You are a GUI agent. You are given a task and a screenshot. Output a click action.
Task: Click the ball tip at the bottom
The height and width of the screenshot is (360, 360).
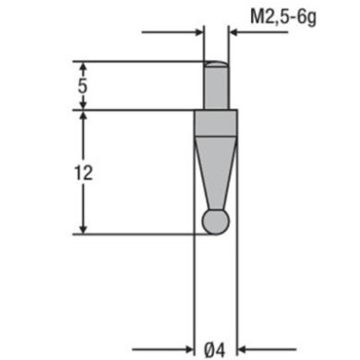pyautogui.click(x=216, y=221)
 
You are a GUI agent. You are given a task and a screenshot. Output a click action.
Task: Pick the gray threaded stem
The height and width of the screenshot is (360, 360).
pyautogui.click(x=216, y=87)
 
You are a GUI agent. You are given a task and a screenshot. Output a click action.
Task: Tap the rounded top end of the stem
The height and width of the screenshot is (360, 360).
pyautogui.click(x=216, y=64)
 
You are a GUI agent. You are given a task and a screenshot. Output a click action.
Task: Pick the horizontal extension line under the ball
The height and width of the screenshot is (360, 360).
pyautogui.click(x=138, y=233)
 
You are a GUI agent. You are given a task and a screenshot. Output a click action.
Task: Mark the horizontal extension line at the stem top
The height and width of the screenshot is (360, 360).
pyautogui.click(x=138, y=62)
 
